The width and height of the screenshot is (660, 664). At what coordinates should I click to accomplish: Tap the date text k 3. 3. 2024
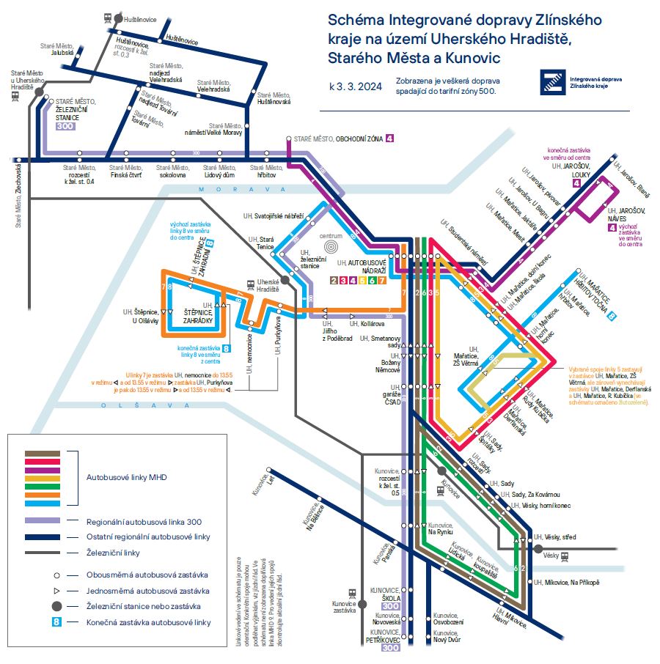click(356, 86)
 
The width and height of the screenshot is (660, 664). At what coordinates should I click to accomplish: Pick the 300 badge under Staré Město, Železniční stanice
click(65, 126)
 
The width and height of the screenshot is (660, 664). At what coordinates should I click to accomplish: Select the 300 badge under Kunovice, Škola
click(390, 606)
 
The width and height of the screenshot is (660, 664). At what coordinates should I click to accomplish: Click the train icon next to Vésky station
click(567, 557)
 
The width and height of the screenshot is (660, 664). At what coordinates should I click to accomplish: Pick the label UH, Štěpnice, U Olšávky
click(140, 316)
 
